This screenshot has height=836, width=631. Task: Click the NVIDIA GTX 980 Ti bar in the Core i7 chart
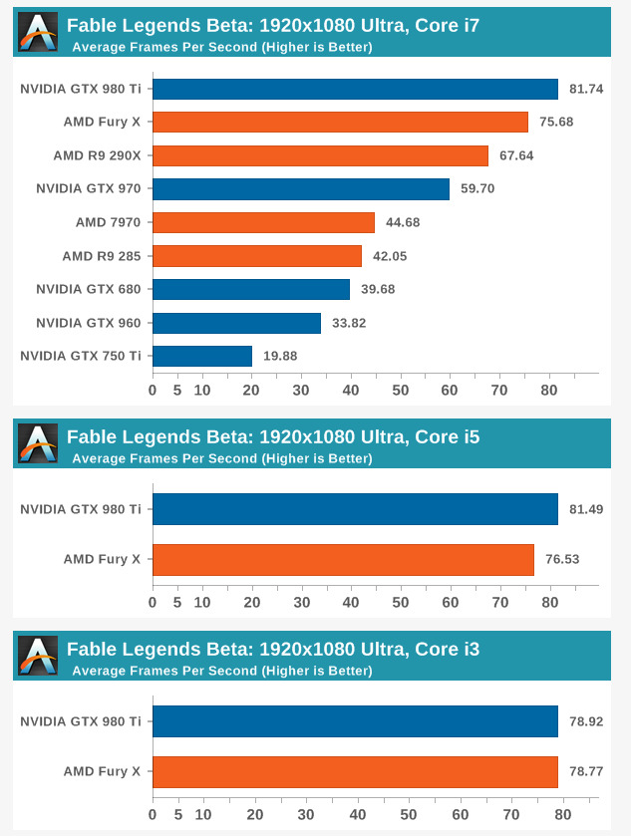(x=355, y=89)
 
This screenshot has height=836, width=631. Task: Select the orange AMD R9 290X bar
(x=320, y=155)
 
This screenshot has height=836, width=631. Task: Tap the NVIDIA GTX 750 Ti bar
(x=201, y=356)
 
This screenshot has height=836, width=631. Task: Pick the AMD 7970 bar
(x=263, y=222)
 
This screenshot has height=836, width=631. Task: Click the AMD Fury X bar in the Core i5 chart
(x=343, y=559)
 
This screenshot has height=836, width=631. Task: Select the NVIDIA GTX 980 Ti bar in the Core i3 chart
(x=355, y=721)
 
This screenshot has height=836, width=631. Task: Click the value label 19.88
(x=279, y=356)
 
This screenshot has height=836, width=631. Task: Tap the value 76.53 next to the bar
(x=562, y=559)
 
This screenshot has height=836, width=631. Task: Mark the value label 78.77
(x=585, y=771)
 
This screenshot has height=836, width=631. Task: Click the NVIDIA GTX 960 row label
(x=88, y=323)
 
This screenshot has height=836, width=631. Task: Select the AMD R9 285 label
(x=101, y=256)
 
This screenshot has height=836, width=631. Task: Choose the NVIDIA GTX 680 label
(x=88, y=289)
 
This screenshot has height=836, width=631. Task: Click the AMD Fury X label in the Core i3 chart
(x=102, y=771)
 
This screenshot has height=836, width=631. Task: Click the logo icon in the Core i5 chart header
(x=38, y=444)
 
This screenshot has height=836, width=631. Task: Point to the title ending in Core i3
(x=273, y=650)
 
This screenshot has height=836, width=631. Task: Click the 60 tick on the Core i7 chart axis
(x=450, y=391)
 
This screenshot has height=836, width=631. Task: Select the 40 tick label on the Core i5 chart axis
(x=351, y=603)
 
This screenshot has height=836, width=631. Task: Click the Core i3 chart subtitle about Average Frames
(x=221, y=671)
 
